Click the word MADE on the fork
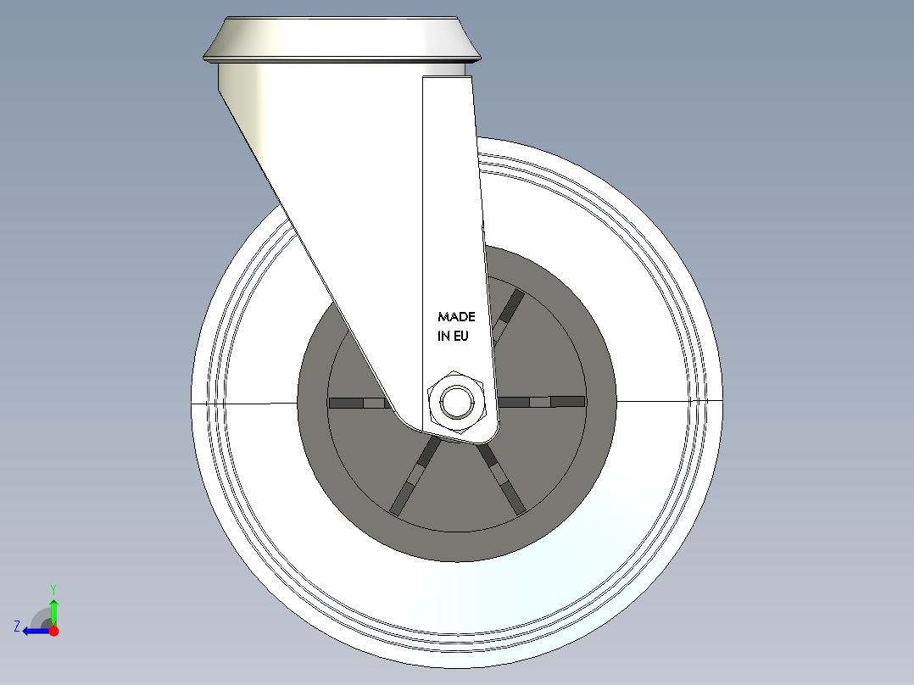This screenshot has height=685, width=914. tap(456, 317)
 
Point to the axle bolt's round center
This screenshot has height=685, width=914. tap(457, 402)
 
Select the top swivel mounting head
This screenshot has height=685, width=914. tap(342, 39)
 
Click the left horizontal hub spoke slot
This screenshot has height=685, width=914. tap(356, 403)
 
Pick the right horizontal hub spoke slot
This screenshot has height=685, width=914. tap(543, 402)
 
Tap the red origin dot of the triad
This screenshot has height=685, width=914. tap(54, 631)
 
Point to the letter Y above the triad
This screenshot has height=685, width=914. tap(53, 588)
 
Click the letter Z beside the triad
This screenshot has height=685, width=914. tap(17, 627)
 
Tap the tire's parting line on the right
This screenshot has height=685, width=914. tap(670, 400)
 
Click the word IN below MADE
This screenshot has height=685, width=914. tap(443, 336)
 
